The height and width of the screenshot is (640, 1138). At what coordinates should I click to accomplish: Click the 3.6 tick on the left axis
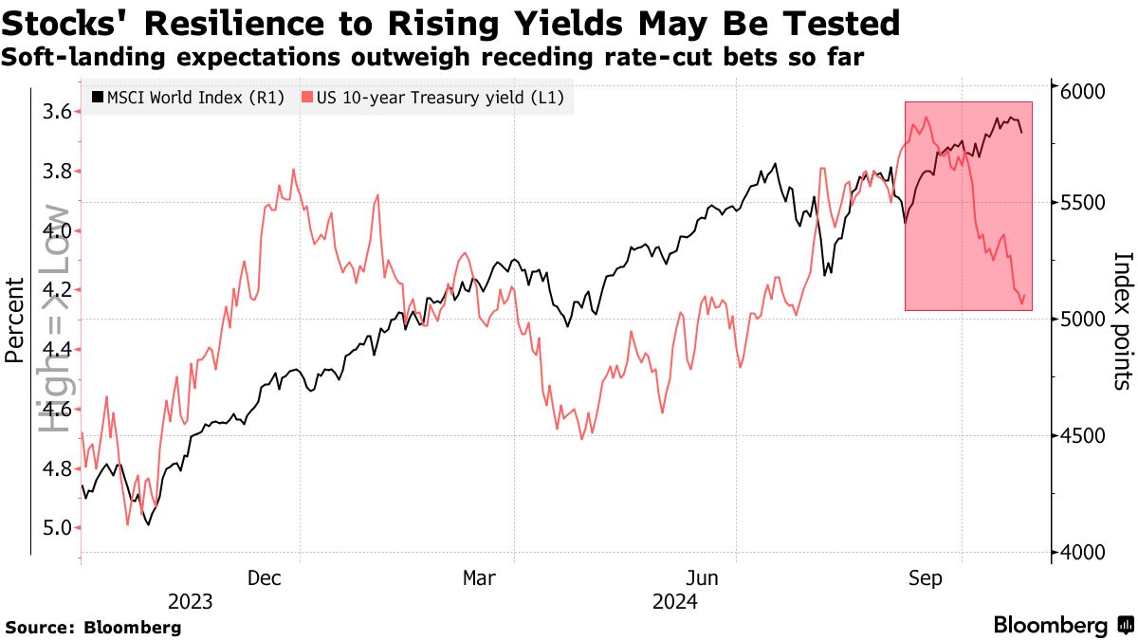[x=58, y=112]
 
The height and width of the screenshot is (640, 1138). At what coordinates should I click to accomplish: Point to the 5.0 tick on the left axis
[x=58, y=527]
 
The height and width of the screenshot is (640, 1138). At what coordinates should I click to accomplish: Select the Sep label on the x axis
[x=926, y=578]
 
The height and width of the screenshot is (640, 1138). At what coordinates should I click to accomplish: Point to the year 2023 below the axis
[x=190, y=602]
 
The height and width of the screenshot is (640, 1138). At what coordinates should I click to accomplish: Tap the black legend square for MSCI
[x=99, y=98]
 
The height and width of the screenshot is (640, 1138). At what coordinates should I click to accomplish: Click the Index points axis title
[x=1123, y=320]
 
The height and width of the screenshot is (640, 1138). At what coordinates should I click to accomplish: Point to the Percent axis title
[x=14, y=320]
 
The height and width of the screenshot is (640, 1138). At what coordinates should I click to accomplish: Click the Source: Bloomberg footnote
[x=93, y=627]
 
